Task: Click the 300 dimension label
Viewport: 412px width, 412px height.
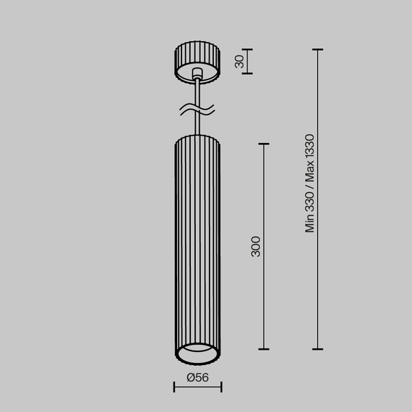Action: click(x=256, y=246)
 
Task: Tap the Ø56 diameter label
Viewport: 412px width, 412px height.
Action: click(x=197, y=377)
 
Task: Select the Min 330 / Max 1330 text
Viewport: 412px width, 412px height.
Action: click(x=310, y=184)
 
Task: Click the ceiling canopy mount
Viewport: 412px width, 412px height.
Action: click(x=197, y=64)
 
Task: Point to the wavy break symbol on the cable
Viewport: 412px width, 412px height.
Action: click(x=197, y=111)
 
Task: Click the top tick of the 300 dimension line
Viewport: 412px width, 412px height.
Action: click(x=264, y=144)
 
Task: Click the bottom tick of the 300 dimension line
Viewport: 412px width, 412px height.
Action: click(x=264, y=349)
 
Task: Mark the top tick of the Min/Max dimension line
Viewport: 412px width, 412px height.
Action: click(x=317, y=50)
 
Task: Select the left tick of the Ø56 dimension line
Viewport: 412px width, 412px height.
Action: click(x=174, y=387)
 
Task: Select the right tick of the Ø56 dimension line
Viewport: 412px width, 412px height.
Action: click(x=221, y=387)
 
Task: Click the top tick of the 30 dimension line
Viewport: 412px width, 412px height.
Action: click(x=247, y=50)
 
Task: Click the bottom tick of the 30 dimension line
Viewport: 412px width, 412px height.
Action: click(x=247, y=73)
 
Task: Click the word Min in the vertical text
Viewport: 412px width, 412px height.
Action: click(x=310, y=223)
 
